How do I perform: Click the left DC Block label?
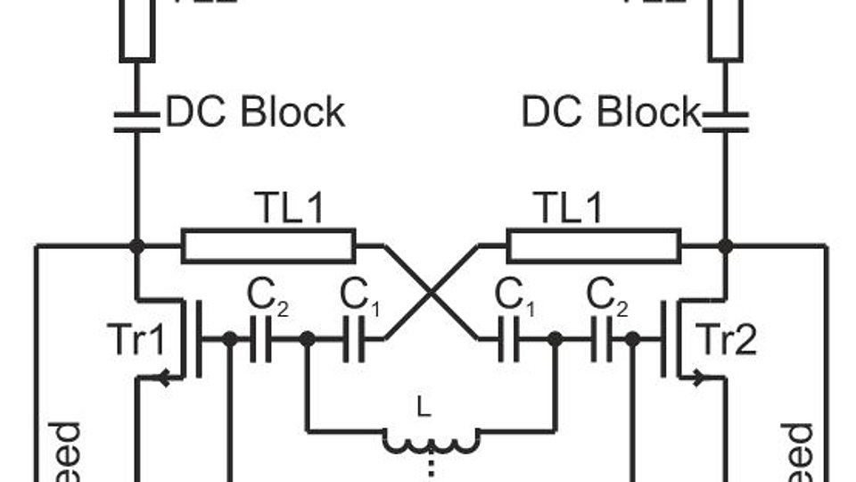255,113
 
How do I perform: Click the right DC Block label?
612,113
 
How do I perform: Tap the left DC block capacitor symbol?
136,120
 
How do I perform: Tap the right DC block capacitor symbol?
725,120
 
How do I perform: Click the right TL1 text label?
568,209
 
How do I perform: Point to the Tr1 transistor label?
136,340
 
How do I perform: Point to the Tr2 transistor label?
726,340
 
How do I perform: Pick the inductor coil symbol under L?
432,439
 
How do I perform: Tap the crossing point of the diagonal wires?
432,292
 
